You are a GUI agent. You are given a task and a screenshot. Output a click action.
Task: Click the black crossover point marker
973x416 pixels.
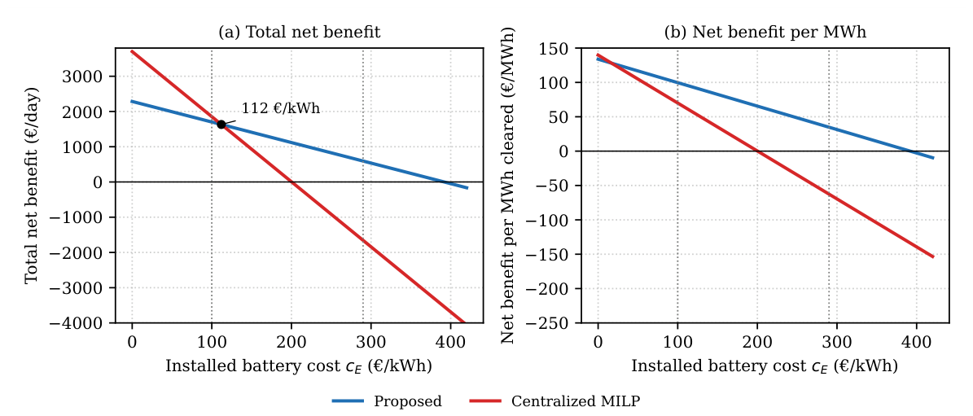(221, 125)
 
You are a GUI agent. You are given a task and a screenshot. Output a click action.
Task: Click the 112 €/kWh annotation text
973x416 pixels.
(280, 108)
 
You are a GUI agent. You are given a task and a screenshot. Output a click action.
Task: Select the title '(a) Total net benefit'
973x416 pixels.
(299, 33)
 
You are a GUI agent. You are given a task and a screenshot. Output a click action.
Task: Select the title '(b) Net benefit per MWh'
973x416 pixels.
(765, 33)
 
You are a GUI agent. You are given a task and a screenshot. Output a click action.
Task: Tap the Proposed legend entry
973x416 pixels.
(387, 401)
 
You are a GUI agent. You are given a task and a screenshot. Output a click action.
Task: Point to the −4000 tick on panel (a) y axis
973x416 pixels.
(90, 323)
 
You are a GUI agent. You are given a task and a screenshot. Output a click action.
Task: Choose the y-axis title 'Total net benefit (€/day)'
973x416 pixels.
(33, 186)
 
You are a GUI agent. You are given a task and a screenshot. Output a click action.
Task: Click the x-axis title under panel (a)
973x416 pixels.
(299, 366)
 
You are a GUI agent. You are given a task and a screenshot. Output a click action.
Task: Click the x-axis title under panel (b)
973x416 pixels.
(765, 366)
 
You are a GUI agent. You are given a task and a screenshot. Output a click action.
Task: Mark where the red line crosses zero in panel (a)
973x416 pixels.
(291, 182)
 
